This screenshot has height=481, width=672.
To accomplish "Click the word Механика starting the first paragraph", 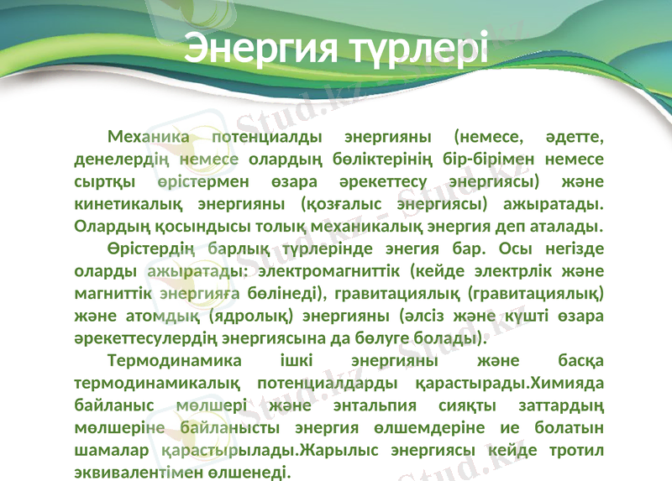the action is pyautogui.click(x=149, y=137).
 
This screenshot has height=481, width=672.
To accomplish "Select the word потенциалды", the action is pyautogui.click(x=267, y=137).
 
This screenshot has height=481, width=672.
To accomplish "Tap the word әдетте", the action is pyautogui.click(x=575, y=138).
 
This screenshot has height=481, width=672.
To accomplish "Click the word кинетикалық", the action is pyautogui.click(x=129, y=204).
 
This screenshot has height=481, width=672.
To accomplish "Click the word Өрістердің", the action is pyautogui.click(x=151, y=248).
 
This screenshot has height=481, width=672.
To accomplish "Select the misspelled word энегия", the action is pyautogui.click(x=406, y=248).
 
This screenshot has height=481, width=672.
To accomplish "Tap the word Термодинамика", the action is pyautogui.click(x=175, y=360).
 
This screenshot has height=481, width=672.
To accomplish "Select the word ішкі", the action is pyautogui.click(x=297, y=360).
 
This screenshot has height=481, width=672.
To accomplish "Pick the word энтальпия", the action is pyautogui.click(x=375, y=405).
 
